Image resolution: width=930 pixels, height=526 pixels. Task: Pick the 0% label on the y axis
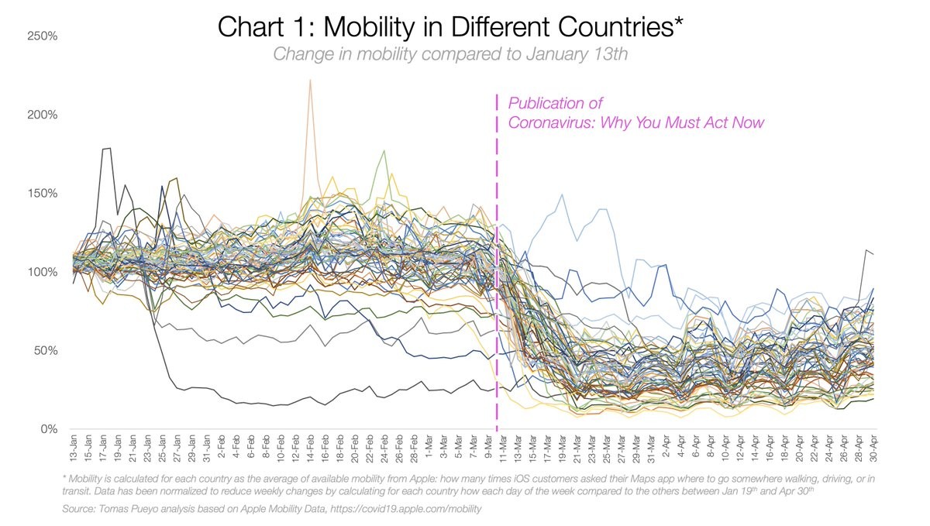pos(46,429)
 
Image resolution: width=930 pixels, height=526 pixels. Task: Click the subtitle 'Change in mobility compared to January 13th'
pos(449,54)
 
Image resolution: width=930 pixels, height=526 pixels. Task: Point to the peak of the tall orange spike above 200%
pos(310,80)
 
